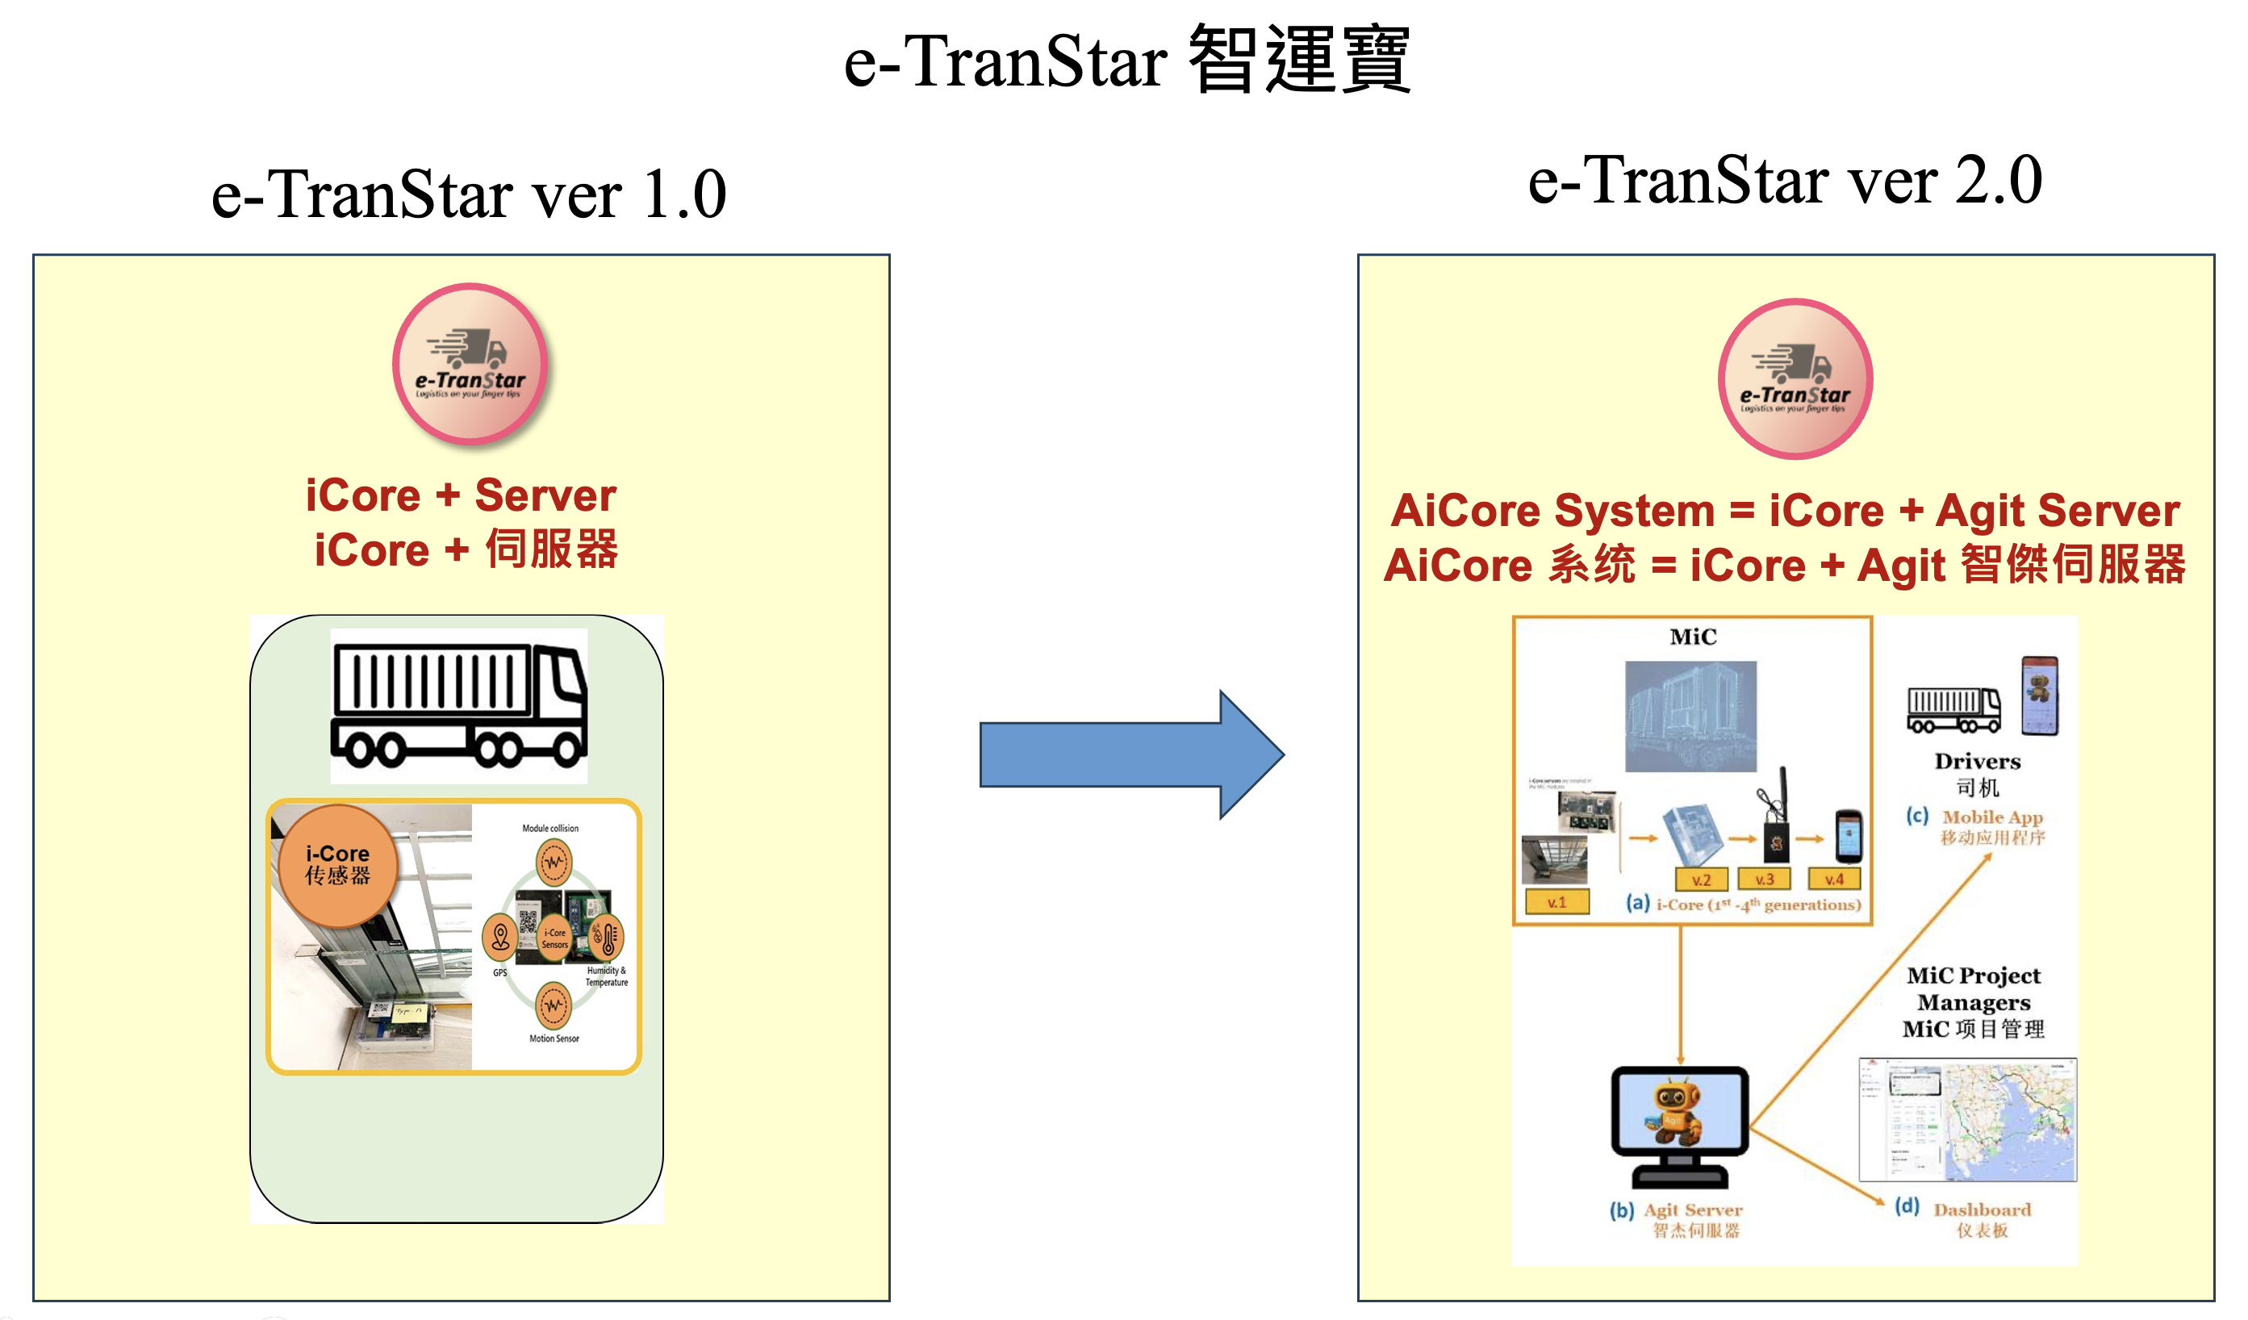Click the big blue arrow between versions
1131,754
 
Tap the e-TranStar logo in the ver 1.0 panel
470,363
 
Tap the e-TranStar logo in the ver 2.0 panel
1795,378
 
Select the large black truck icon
458,705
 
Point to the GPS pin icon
500,937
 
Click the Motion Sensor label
554,1038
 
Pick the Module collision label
550,829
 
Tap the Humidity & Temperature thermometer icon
608,938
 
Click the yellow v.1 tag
1556,903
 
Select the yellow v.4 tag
1834,879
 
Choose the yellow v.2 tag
1701,880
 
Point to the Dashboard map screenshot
1967,1120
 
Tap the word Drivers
1977,762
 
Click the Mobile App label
1992,817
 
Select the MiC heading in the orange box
1692,637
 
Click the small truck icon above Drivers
1953,710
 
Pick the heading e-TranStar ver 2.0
1784,180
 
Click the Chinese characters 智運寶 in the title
1299,61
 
